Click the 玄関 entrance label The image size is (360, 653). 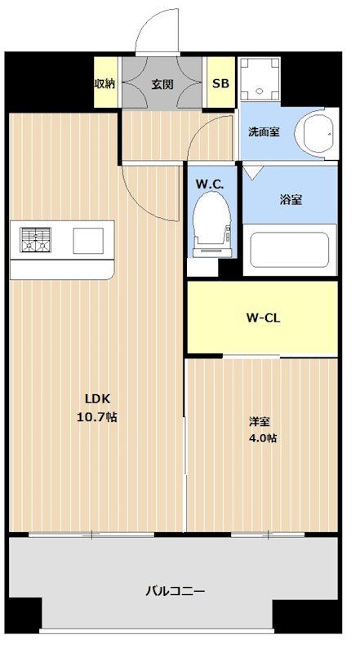click(162, 84)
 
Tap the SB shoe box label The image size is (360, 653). click(221, 84)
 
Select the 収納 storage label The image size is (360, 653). click(104, 84)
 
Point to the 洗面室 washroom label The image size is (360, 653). click(264, 132)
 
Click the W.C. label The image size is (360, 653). click(210, 184)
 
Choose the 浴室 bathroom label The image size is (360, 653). click(291, 200)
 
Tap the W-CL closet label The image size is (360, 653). click(263, 318)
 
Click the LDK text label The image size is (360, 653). click(97, 399)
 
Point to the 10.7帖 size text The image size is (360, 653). click(97, 417)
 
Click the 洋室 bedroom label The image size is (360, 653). click(259, 422)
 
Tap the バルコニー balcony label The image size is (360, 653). click(175, 591)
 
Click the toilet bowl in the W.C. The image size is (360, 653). click(212, 220)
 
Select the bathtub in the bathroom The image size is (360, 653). click(290, 250)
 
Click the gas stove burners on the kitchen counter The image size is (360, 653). click(35, 240)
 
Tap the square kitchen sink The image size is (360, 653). click(88, 241)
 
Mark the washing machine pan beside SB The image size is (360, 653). click(260, 78)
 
